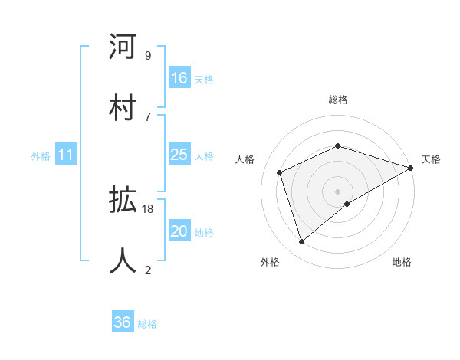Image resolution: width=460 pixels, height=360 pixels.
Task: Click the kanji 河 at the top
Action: point(123,47)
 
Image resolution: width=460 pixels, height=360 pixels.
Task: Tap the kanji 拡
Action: point(123,201)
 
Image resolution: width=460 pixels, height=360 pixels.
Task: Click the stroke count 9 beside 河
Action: point(147,56)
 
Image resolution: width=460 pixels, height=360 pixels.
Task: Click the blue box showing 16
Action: point(179,78)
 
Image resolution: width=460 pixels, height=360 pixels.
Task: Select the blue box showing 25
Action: point(179,155)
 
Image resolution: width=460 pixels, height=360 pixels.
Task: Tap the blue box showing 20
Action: point(179,231)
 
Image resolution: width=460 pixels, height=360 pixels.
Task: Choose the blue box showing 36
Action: point(123,322)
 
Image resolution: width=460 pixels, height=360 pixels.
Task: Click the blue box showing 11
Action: point(66,155)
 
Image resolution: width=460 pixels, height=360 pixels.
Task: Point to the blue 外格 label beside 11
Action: point(41,156)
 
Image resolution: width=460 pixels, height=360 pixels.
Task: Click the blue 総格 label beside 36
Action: point(147,324)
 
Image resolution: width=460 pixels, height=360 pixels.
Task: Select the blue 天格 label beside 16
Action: point(204,80)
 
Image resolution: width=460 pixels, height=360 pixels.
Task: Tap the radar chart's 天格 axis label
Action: point(431,159)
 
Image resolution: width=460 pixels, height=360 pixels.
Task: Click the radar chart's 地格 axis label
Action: point(402,262)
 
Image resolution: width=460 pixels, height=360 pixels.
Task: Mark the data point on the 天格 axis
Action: point(411,168)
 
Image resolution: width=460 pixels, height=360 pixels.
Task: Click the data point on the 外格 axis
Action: point(301,241)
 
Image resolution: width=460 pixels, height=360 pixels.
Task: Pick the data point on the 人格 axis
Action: point(280,172)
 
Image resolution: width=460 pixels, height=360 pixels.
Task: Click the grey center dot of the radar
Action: point(337,191)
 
